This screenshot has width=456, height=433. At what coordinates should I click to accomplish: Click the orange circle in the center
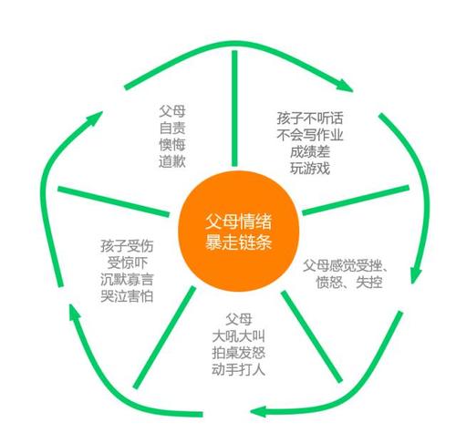239,232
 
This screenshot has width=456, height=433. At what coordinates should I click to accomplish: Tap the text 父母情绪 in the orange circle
239,222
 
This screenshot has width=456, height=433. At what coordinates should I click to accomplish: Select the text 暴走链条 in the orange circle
239,242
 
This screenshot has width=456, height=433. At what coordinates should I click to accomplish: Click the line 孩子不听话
310,118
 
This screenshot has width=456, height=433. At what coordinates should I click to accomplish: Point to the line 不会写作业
310,135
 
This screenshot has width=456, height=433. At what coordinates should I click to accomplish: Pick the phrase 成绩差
310,151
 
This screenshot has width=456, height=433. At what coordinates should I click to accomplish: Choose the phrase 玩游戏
310,169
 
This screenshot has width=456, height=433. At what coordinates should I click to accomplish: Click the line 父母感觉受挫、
346,265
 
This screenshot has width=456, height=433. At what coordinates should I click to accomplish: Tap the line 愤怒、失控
349,283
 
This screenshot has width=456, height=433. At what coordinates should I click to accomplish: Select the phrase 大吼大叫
239,336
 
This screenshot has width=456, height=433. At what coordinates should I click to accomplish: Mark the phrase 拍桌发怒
239,353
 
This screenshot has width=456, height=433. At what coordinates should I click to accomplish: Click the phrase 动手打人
239,369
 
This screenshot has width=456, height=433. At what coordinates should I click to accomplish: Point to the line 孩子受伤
127,246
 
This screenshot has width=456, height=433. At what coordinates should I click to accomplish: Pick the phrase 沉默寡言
127,280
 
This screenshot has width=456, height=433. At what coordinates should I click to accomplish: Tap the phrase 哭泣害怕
127,296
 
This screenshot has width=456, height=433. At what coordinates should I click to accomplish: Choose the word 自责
172,128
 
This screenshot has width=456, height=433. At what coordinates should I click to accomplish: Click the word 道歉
172,161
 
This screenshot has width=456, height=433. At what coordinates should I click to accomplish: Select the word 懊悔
172,145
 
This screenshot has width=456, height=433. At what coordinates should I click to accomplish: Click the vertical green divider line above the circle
234,108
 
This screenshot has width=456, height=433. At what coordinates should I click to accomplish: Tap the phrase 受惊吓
127,263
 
